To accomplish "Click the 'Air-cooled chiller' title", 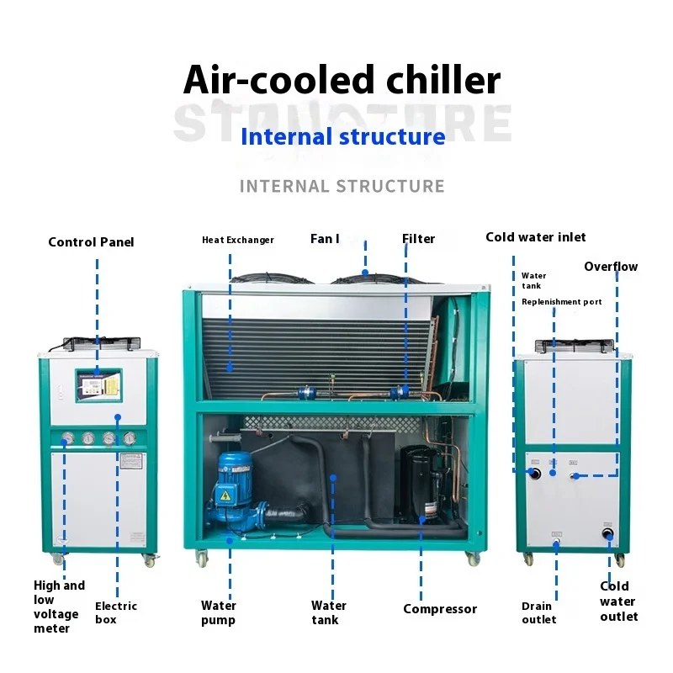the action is coord(342,81).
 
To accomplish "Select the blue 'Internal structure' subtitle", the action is coord(342,136).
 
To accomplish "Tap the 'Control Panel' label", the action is coord(91,242).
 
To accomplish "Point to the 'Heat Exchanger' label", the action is coord(238,240).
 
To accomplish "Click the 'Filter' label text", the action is coord(418,239).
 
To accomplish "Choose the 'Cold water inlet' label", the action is coord(536,237).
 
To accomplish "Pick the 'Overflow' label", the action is coord(611,267).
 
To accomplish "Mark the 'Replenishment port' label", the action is coord(561,302).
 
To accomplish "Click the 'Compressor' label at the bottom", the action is coord(440,609).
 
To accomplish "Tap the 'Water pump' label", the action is coord(219,612).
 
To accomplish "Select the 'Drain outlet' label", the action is coord(538,612).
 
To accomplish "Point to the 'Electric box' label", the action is coord(116,612).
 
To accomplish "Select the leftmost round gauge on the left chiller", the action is coord(66,438).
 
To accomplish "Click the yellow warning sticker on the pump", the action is coord(225,496).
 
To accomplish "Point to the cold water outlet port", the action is coord(607,533).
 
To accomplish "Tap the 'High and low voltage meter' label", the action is coord(59,607).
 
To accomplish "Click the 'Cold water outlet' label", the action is coord(618,601).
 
